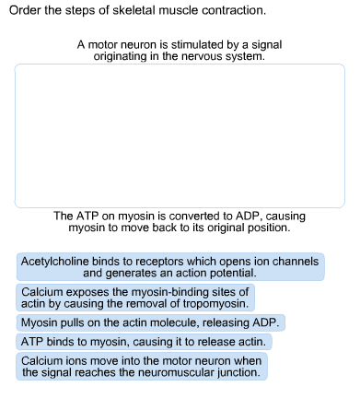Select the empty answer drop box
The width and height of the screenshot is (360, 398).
[180, 135]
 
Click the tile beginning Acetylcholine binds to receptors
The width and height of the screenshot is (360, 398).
[171, 267]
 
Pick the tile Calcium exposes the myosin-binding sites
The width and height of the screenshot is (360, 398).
[134, 297]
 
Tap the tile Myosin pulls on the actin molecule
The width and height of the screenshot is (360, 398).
[151, 322]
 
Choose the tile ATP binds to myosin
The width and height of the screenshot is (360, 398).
[144, 342]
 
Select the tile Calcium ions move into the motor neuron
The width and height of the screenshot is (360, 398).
[142, 367]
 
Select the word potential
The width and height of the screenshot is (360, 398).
[235, 274]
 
